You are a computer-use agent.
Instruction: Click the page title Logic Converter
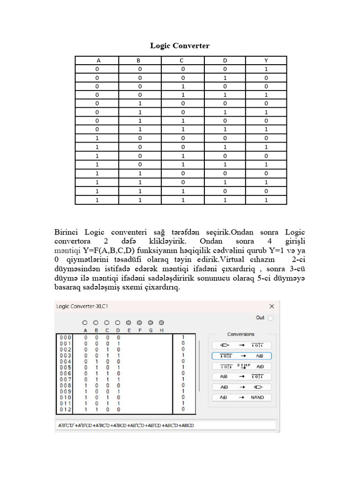180,45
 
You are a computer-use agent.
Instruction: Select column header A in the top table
98,60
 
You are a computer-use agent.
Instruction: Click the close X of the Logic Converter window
271,306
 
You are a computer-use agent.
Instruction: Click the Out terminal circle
270,318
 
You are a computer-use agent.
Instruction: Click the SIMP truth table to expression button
241,366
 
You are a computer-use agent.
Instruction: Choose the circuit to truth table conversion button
241,345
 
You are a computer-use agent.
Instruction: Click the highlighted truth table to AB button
241,356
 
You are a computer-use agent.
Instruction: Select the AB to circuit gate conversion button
241,387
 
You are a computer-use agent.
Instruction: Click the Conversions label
241,334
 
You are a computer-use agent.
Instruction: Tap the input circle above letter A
85,323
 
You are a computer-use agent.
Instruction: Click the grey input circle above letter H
162,323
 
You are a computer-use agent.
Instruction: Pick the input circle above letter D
118,323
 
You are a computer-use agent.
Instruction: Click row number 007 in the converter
65,379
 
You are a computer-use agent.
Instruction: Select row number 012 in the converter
65,409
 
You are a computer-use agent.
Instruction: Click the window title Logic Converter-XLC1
82,306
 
